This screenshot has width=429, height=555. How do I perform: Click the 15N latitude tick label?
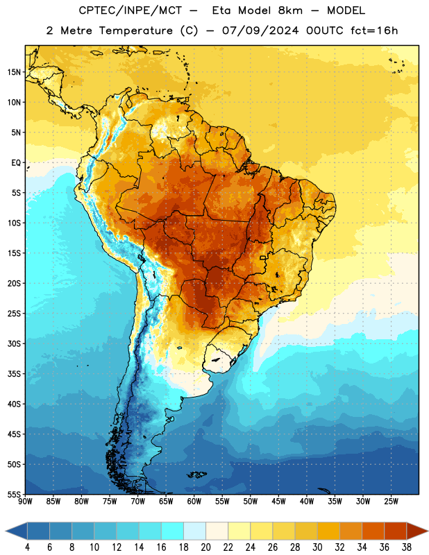14,72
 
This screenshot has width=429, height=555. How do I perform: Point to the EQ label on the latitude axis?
16,163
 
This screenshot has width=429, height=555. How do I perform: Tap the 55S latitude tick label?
14,494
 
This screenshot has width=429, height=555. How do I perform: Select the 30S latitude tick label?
14,343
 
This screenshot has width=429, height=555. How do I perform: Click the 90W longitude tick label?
25,502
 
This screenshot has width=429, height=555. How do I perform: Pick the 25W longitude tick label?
391,502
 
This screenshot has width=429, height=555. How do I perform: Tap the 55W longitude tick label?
222,502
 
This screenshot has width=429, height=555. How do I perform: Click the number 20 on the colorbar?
205,547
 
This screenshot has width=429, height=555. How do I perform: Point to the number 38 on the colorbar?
407,547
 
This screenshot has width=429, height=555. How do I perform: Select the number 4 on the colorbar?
27,547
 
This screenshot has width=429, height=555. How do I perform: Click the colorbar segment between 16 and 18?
173,531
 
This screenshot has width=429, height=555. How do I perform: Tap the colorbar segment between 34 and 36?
373,531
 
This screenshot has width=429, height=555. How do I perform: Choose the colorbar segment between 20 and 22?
217,531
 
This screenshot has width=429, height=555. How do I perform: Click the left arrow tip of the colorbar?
6,531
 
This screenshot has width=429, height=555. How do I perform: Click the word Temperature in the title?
135,31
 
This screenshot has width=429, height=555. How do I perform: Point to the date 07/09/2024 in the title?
260,31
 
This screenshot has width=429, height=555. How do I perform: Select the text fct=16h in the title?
374,31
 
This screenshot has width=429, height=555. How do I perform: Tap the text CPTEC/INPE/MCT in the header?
130,10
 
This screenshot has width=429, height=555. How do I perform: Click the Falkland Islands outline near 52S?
197,475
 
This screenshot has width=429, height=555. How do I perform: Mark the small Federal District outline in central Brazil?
263,257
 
